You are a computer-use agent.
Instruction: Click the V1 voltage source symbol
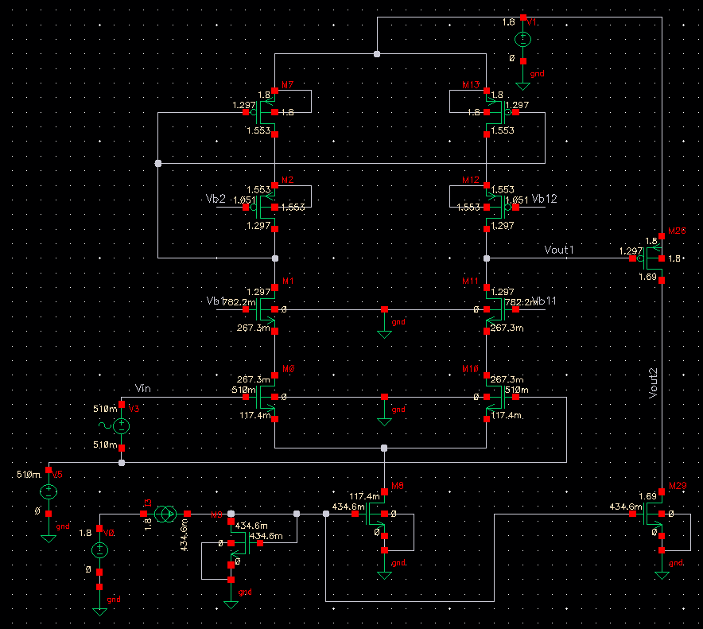[523, 39]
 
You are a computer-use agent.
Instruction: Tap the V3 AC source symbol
[122, 426]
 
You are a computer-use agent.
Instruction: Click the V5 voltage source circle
[48, 491]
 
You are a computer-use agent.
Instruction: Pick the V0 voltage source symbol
[99, 549]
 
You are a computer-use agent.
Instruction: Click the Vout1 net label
[559, 250]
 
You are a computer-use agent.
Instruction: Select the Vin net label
[144, 388]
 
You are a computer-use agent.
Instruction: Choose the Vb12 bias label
[545, 198]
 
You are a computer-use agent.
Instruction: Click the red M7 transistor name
[288, 84]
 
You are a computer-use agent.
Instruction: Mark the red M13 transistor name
[471, 84]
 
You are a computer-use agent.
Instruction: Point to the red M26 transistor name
[677, 230]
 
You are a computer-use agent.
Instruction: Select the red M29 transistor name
[678, 485]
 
